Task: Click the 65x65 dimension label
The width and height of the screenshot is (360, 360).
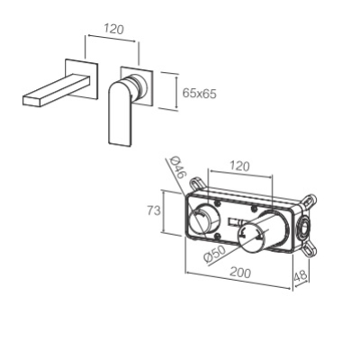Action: point(199,94)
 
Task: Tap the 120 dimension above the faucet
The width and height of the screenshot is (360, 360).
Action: point(113,29)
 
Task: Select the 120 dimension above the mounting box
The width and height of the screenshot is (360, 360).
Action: point(239,166)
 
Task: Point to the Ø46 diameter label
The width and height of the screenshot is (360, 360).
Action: point(176,167)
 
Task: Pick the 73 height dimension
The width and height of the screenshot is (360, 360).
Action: point(154,211)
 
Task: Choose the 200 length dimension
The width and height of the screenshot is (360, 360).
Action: point(240,273)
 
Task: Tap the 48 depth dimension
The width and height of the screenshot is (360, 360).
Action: point(301,275)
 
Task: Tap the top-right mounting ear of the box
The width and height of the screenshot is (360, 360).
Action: point(309,201)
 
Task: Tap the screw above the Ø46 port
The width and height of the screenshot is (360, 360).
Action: point(217,203)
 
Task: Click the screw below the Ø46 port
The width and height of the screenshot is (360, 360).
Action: point(218,236)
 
